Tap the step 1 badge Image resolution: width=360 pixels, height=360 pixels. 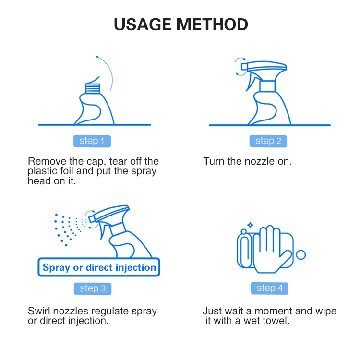point(92,141)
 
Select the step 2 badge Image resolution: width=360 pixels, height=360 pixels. point(268,141)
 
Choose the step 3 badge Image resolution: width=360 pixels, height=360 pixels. point(93,288)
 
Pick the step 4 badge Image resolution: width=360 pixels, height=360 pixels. point(269,288)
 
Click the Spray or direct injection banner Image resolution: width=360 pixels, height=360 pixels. point(99,268)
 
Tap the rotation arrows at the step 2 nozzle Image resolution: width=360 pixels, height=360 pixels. point(238,67)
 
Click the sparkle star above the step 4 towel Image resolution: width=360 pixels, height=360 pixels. point(250,224)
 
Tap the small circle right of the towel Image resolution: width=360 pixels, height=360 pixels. point(301,254)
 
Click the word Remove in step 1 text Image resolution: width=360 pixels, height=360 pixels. point(45,161)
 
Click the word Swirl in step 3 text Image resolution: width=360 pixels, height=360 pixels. point(39,311)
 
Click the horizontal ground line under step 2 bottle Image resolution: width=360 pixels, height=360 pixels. point(269,125)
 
